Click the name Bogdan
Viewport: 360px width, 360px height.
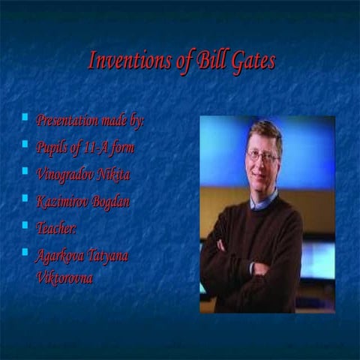(x=112, y=201)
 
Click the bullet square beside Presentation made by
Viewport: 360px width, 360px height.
(x=25, y=118)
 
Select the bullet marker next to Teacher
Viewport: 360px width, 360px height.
(x=25, y=226)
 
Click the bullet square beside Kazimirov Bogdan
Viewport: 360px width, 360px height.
(x=25, y=199)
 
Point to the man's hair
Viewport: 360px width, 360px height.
(x=265, y=131)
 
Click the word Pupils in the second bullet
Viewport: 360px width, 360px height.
(x=53, y=147)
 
